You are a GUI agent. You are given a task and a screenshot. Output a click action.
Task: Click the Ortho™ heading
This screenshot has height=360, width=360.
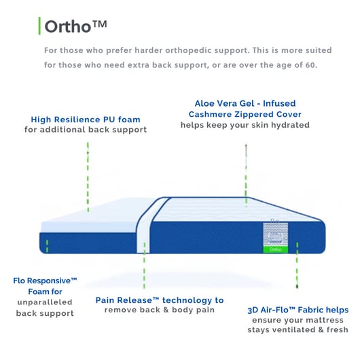click(x=75, y=26)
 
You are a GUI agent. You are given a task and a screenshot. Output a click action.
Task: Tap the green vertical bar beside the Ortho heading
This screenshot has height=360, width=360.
click(x=39, y=26)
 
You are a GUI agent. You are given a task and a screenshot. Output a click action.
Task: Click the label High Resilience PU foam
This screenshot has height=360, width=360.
click(x=86, y=120)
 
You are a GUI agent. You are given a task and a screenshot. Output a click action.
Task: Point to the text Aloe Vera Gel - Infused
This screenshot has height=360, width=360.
click(x=245, y=103)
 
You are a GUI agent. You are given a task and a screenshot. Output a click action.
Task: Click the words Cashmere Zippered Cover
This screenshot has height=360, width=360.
click(x=245, y=114)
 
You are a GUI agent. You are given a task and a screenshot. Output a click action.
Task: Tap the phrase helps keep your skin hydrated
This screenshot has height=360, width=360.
click(x=245, y=125)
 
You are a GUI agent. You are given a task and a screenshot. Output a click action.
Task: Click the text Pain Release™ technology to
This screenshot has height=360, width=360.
click(x=160, y=300)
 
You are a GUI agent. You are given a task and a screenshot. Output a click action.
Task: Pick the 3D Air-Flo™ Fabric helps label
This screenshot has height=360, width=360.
click(x=298, y=310)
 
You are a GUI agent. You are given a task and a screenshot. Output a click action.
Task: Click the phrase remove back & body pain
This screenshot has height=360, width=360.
click(x=160, y=310)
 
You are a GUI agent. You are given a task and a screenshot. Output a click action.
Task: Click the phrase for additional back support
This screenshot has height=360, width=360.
click(x=86, y=130)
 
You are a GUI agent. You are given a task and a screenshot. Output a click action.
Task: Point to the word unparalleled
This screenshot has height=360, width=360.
click(x=46, y=302)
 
